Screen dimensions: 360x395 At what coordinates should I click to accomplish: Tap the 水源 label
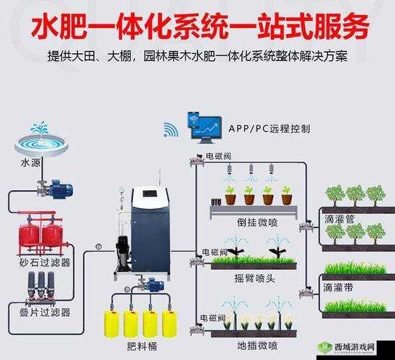coord(31,163)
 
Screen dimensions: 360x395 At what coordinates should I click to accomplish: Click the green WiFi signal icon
coord(170,130)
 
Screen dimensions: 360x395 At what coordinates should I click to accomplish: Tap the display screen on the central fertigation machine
coord(150,194)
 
